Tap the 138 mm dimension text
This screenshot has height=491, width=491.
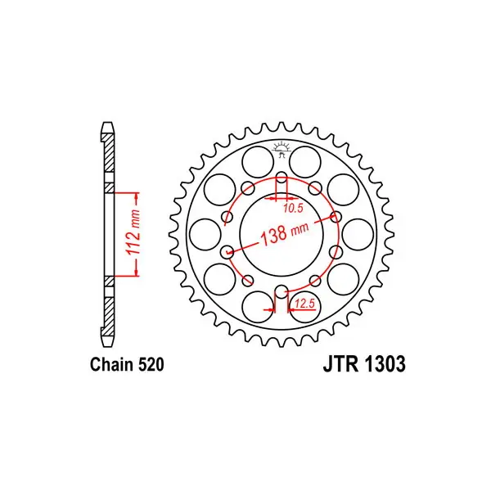pyautogui.click(x=284, y=232)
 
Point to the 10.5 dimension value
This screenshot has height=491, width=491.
pyautogui.click(x=294, y=208)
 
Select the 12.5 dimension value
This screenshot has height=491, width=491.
pyautogui.click(x=304, y=303)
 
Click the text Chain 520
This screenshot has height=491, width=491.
pyautogui.click(x=127, y=364)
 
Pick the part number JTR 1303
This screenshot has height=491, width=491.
pyautogui.click(x=364, y=364)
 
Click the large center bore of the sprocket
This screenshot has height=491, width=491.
pyautogui.click(x=282, y=234)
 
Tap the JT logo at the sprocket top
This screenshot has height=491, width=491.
pyautogui.click(x=282, y=148)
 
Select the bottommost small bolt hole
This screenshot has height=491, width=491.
pyautogui.click(x=282, y=291)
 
